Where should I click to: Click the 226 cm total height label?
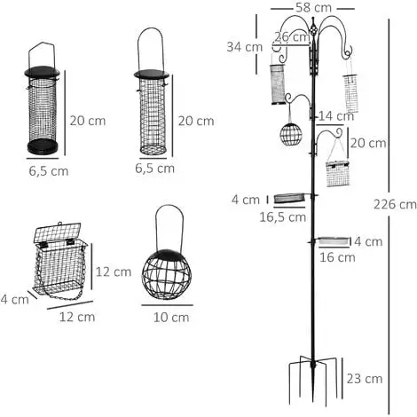point(395,204)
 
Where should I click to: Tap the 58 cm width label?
point(313,8)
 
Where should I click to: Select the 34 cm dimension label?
point(245,47)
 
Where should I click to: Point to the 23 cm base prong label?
point(365,379)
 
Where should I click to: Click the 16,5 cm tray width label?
point(283,217)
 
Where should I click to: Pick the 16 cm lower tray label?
point(337,257)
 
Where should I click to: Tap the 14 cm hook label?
point(336,116)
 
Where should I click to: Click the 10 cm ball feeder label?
point(171,318)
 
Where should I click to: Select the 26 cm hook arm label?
point(292,37)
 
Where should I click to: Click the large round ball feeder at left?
point(167,274)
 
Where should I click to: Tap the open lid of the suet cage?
point(58,232)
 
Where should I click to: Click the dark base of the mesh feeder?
point(43,146)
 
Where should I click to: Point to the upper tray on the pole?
point(289,198)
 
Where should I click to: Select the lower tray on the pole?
point(334,240)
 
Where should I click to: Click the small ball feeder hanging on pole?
point(291,134)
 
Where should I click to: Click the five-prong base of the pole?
point(313,381)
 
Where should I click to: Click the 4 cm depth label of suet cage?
point(14,299)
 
